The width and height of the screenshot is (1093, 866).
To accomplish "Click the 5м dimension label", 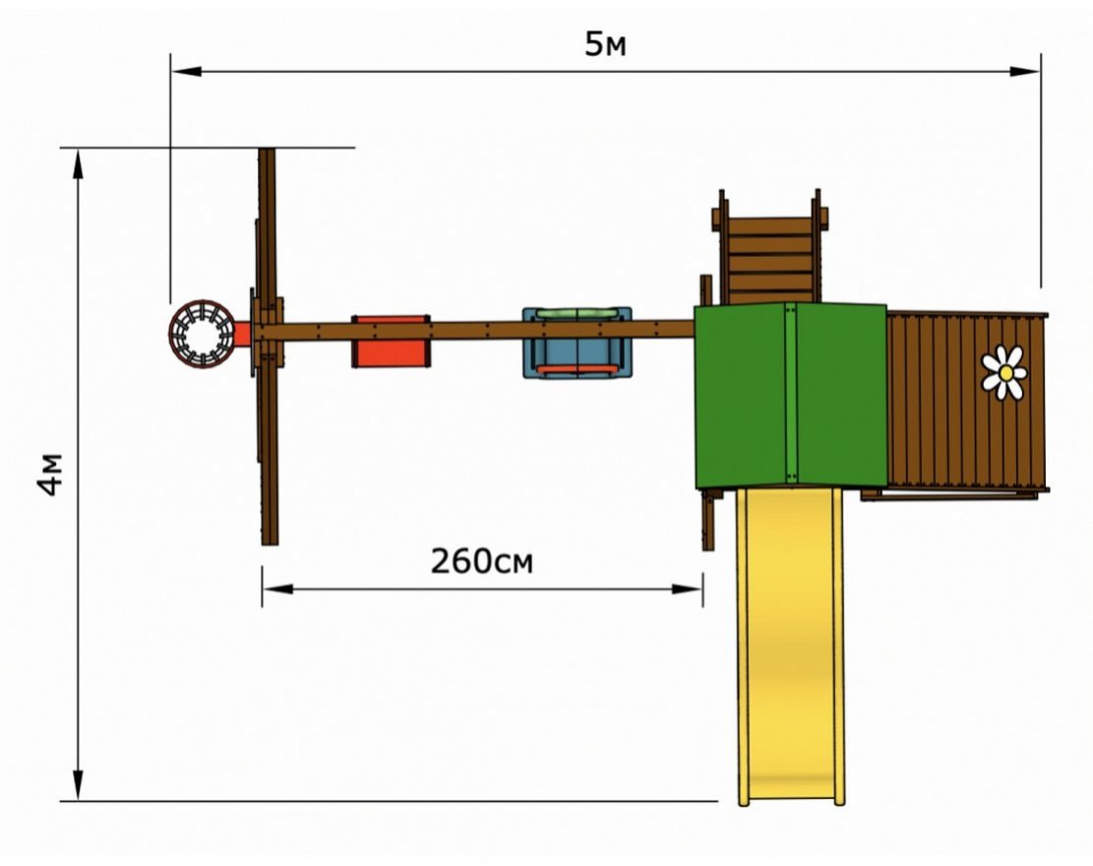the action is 605,44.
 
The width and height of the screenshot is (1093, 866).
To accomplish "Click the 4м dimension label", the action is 51,474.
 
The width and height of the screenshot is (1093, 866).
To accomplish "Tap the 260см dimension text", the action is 482,561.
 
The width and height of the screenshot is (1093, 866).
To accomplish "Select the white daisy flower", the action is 1004,373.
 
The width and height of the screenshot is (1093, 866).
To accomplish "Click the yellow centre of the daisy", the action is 1005,374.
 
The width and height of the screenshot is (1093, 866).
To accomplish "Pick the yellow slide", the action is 791,646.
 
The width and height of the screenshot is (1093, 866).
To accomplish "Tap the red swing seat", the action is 391,340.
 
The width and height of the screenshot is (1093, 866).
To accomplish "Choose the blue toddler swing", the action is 577,342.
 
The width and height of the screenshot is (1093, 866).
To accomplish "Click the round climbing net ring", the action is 203,334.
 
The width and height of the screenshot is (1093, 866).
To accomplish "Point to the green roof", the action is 791,396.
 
